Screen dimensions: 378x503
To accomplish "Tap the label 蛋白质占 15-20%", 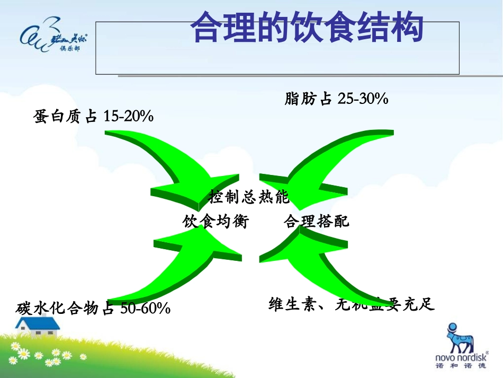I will [x=94, y=116].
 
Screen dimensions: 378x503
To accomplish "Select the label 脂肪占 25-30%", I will [x=336, y=98].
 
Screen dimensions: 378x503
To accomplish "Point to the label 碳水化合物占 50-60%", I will [x=94, y=307].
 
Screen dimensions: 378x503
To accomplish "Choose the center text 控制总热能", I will [x=249, y=197].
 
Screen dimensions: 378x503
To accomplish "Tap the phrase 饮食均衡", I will [x=215, y=221].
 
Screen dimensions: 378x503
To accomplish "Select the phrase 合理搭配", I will [x=317, y=221].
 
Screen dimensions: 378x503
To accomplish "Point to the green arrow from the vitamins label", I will [x=323, y=265].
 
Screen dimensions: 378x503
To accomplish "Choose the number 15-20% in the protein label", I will [x=129, y=116].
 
